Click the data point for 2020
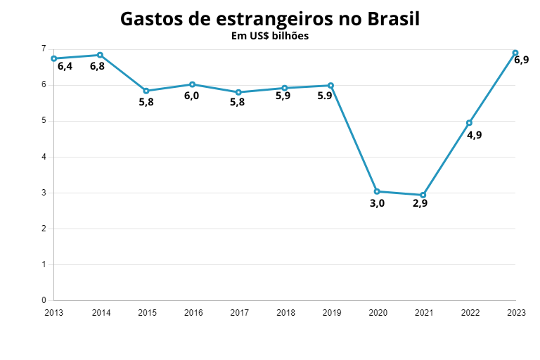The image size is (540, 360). click(377, 191)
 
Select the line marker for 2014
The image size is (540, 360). click(100, 55)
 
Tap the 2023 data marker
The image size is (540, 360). click(515, 53)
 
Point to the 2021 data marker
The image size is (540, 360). click(423, 195)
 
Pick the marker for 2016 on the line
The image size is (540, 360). click(192, 84)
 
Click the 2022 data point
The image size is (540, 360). click(469, 123)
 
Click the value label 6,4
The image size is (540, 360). click(65, 67)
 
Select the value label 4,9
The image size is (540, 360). click(475, 135)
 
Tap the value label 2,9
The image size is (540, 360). click(420, 204)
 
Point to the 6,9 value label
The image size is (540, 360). click(521, 60)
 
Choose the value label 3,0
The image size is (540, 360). click(377, 204)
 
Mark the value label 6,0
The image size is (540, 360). click(191, 96)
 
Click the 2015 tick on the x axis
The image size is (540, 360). click(146, 312)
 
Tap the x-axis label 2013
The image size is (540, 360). click(54, 312)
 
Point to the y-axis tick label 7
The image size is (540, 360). click(44, 49)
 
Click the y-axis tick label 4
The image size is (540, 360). click(44, 157)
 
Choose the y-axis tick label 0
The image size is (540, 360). click(44, 300)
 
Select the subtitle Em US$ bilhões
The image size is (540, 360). click(270, 36)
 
